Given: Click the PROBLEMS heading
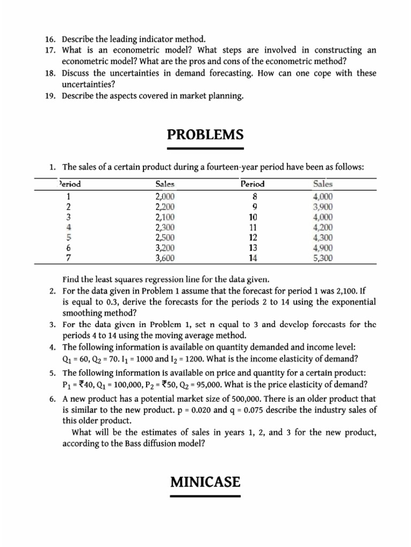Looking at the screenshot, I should coord(205,134).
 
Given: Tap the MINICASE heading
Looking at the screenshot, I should coord(205,482).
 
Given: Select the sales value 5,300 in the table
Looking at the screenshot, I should coord(323,258).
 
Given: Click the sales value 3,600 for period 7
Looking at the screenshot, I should coord(165,258).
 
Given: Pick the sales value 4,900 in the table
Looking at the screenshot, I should coord(323,248).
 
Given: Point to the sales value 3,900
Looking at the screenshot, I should coord(323,207).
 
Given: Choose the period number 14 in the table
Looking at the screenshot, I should coord(253,258).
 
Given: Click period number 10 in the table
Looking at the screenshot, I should coord(253,217).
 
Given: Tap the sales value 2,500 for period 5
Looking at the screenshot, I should coord(165,238).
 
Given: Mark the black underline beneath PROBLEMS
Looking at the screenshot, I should coord(205,148).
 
